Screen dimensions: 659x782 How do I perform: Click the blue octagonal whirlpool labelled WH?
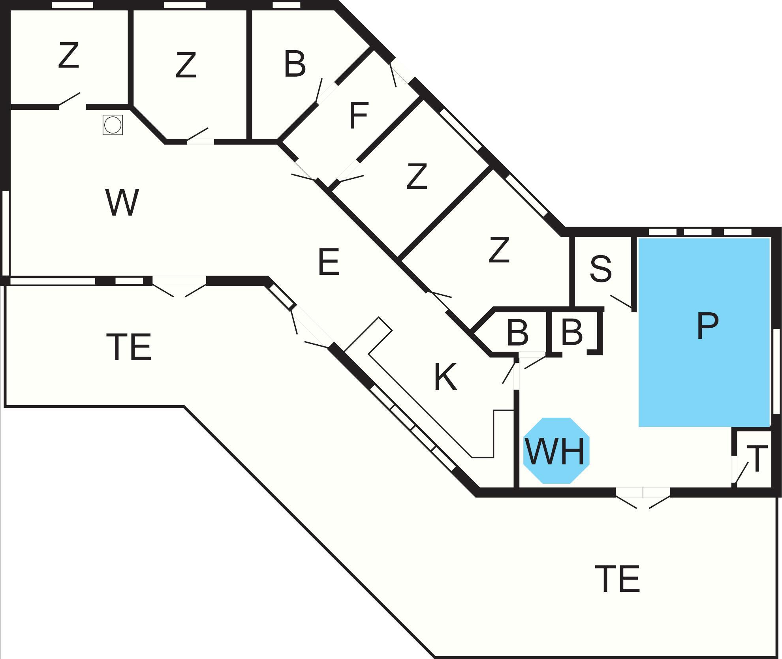(556, 450)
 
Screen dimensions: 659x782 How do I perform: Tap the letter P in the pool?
(707, 326)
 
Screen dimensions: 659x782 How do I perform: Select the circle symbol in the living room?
(113, 125)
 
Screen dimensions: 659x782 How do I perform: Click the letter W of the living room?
(122, 202)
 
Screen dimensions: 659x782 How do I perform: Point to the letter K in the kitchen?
(445, 377)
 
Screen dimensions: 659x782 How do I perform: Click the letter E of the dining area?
(329, 262)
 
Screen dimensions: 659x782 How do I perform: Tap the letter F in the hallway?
(359, 115)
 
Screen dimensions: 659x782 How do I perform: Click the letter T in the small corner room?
(757, 459)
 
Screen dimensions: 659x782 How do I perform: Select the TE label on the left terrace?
(129, 347)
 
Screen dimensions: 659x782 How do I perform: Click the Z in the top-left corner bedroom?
(69, 56)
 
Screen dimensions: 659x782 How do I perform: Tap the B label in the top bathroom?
(295, 64)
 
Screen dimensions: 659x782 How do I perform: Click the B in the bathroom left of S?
(517, 333)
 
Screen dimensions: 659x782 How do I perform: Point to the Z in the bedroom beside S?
(499, 250)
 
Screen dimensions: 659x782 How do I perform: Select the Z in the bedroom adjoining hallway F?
(417, 177)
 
